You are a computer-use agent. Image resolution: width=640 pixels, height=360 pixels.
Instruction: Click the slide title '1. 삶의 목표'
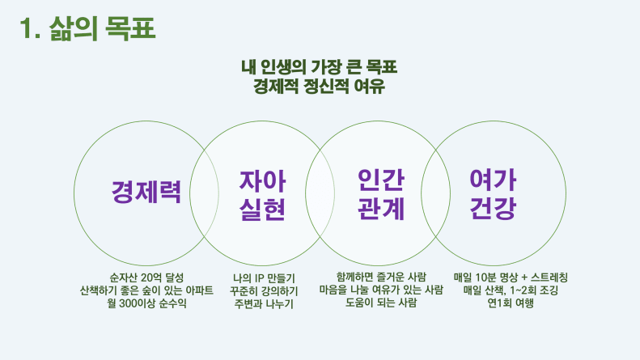coord(87,28)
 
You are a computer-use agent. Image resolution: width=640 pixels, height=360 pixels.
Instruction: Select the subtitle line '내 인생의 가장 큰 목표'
coord(319,67)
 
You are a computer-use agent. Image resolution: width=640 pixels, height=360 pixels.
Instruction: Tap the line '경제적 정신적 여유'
coord(319,86)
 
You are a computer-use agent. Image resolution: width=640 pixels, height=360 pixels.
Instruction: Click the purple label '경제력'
coord(146,192)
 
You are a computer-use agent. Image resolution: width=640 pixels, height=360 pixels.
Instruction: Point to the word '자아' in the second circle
coord(262,181)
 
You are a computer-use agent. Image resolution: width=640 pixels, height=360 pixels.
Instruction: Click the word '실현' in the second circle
coord(262,209)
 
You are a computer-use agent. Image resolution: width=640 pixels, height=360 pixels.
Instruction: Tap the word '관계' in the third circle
coord(381,209)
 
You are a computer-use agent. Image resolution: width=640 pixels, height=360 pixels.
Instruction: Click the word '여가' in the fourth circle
coord(493,180)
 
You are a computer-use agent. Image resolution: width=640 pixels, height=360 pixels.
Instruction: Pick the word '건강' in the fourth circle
coord(493,208)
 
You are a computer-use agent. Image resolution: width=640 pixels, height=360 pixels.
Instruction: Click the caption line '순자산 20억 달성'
coord(146,277)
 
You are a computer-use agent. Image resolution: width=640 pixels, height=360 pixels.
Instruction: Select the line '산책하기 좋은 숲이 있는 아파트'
coord(146,290)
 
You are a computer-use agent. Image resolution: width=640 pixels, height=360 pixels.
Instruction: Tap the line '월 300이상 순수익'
coord(146,303)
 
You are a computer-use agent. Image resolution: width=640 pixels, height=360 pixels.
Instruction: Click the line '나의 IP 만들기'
coord(264,278)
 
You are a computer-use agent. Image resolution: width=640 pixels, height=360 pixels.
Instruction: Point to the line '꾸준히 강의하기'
coord(264,291)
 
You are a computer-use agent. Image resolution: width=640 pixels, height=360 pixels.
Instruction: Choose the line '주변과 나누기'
coord(264,303)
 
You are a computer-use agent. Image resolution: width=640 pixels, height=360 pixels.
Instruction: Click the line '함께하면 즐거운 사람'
coord(381,277)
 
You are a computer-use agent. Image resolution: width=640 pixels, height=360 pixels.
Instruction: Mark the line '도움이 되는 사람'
coord(381,303)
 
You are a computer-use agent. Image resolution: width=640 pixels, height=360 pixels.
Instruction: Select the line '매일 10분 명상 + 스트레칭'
coord(511,277)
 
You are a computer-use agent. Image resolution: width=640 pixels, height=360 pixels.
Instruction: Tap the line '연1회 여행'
coord(511,303)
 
